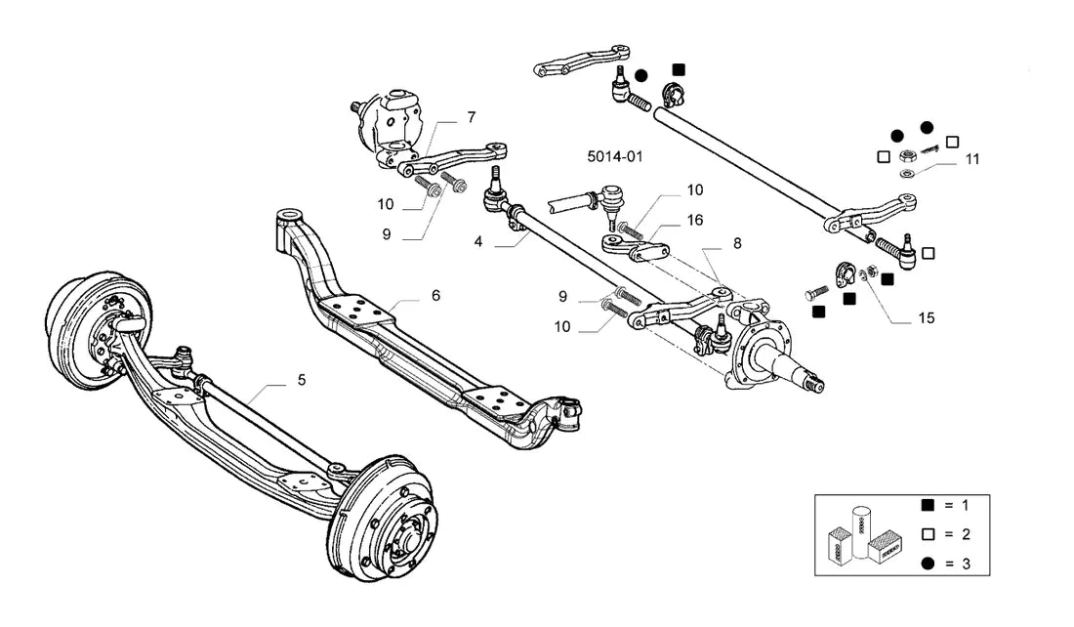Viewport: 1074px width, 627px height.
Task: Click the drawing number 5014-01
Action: (x=615, y=156)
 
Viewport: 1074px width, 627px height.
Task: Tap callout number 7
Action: (x=472, y=117)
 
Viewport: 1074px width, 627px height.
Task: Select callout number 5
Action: (x=302, y=380)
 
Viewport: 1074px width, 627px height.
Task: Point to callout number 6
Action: (x=435, y=295)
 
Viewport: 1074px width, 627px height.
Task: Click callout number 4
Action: (x=478, y=241)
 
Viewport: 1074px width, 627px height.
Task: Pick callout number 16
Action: (x=695, y=220)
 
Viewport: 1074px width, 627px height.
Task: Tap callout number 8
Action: (x=737, y=243)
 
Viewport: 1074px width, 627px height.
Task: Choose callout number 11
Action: (x=972, y=159)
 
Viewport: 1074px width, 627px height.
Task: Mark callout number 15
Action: (x=926, y=318)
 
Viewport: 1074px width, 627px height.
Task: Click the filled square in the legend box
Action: (x=929, y=505)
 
